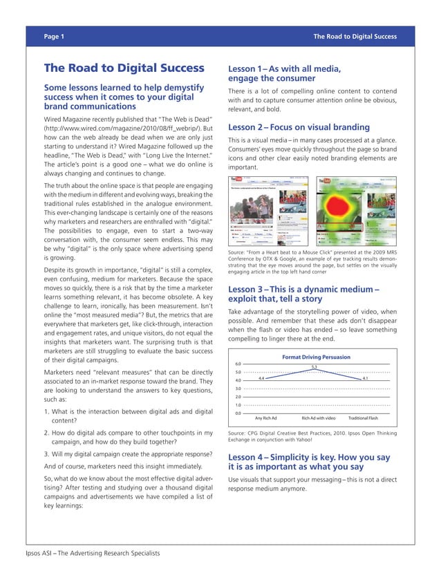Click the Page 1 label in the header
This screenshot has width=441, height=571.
click(x=54, y=36)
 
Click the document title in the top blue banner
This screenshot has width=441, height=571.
click(x=355, y=36)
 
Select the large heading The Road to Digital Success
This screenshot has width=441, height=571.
click(x=124, y=68)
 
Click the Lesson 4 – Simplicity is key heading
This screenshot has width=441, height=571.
click(x=308, y=462)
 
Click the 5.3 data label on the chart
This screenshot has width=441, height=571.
click(x=314, y=366)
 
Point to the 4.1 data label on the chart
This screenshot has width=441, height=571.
click(x=365, y=378)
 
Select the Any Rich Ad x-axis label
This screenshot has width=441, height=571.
click(x=265, y=418)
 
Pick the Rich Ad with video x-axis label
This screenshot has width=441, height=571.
click(x=318, y=418)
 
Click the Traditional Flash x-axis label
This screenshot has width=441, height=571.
click(x=363, y=418)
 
